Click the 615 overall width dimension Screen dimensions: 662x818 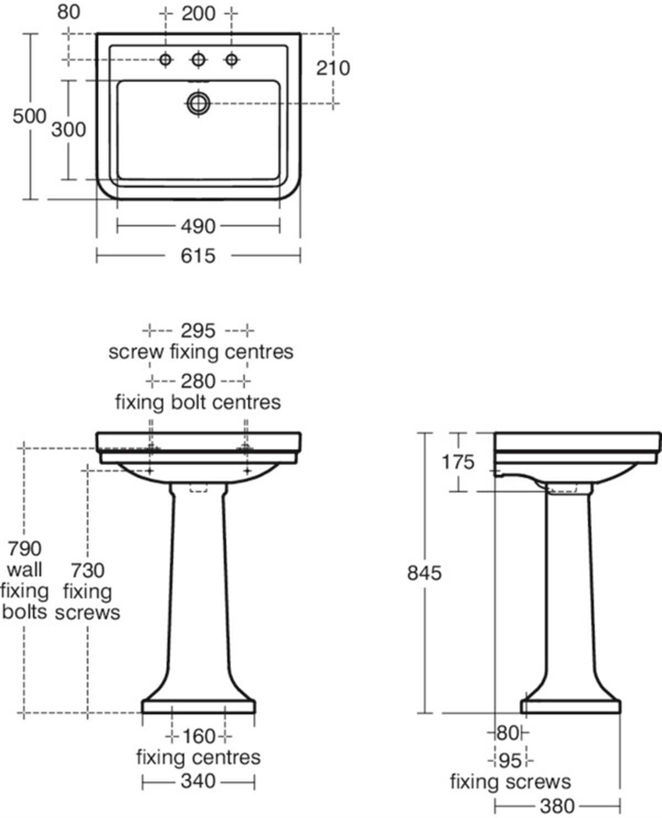198,256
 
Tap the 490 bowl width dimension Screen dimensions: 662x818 198,226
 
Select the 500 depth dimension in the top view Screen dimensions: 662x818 29,116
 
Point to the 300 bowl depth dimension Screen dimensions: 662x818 68,130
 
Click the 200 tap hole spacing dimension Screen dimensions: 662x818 199,14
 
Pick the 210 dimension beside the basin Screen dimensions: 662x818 333,68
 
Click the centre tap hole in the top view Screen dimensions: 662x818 199,60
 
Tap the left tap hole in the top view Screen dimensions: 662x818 166,60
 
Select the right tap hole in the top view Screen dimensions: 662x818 231,60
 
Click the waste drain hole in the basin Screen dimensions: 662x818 199,103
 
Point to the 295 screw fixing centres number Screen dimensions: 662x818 198,331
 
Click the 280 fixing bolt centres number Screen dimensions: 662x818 198,381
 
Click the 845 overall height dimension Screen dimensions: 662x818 424,573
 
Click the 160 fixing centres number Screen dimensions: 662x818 199,736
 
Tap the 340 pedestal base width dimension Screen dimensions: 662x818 198,781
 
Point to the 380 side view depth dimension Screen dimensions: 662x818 557,806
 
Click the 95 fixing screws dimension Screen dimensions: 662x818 510,761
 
